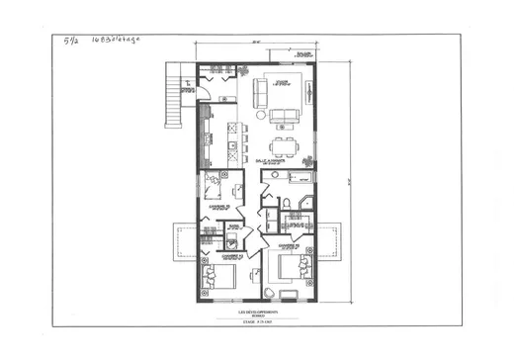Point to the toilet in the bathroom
(x=286, y=205)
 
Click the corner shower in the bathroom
(x=304, y=205)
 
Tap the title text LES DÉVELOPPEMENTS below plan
(x=256, y=311)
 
